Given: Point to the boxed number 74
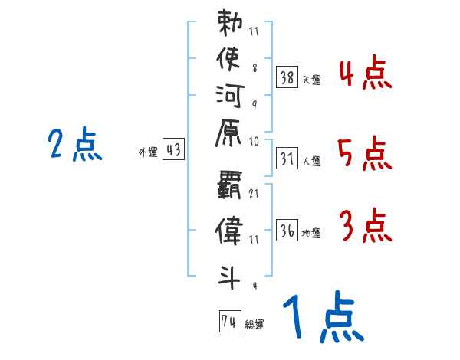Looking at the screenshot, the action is (x=229, y=322).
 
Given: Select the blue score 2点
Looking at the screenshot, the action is (x=74, y=145).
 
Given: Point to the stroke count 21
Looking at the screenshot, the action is (x=254, y=193).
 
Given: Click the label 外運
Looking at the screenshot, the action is (x=147, y=152).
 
